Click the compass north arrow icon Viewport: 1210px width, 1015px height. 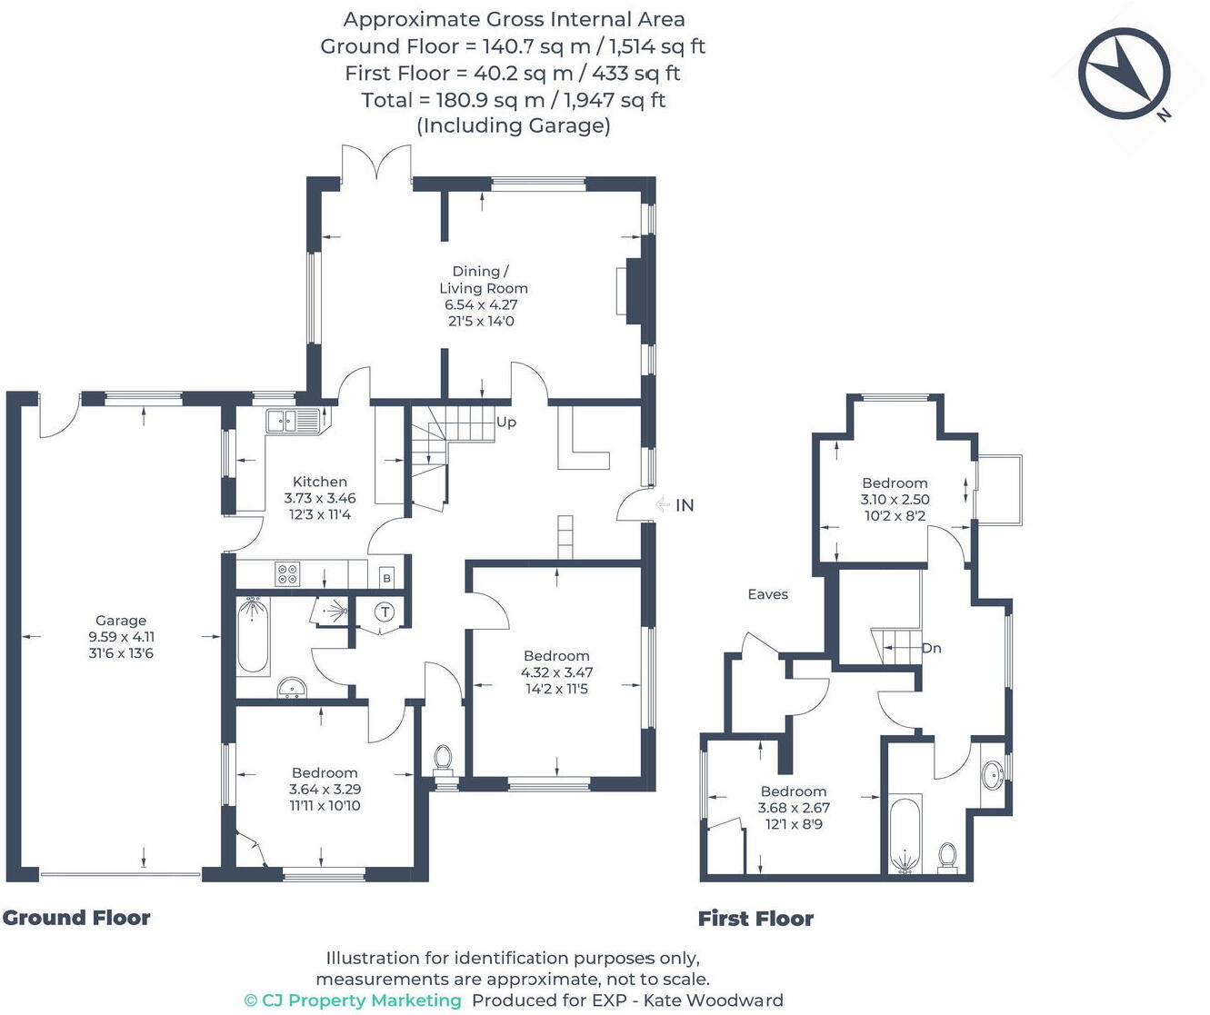click(1124, 74)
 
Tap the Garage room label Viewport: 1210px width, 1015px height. click(121, 621)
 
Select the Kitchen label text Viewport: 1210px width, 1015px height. click(319, 482)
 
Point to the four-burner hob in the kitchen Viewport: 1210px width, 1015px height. click(287, 574)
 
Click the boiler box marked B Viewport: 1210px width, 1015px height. click(386, 578)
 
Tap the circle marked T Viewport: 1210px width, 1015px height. click(385, 612)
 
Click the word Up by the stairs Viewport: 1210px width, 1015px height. click(506, 423)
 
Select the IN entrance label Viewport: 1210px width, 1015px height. click(685, 505)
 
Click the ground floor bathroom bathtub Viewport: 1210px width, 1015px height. click(253, 636)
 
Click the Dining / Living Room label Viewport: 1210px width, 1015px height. click(483, 279)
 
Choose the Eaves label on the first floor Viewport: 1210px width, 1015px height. click(767, 594)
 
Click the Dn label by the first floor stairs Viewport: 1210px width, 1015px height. click(931, 648)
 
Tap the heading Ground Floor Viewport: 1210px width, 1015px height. click(76, 918)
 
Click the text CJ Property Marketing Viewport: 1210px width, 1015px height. click(361, 1000)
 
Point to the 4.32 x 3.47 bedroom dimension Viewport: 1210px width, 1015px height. click(556, 672)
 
